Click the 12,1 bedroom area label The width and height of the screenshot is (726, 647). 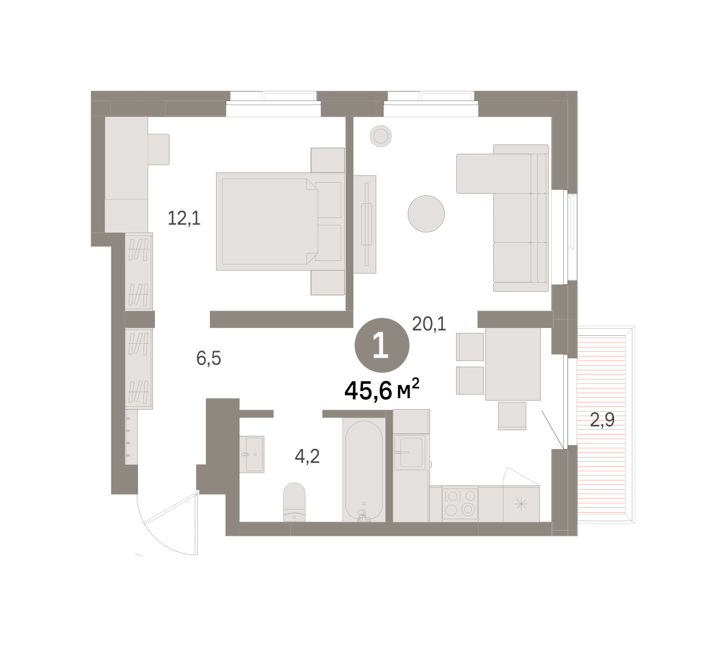(184, 218)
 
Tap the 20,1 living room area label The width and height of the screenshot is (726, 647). (429, 324)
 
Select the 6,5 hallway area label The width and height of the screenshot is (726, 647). (209, 358)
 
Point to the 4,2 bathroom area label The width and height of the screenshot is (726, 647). (307, 456)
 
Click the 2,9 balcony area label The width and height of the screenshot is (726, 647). (602, 420)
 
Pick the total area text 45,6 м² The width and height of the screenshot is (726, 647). (382, 390)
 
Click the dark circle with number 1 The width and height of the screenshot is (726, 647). (382, 346)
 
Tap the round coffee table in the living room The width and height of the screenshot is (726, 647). (426, 214)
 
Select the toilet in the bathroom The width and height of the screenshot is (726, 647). (294, 502)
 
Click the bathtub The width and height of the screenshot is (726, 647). (364, 471)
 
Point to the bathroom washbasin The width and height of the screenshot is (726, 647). (252, 454)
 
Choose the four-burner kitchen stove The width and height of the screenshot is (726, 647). (460, 504)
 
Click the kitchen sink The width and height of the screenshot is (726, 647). (411, 452)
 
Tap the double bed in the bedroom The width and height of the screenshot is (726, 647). (280, 221)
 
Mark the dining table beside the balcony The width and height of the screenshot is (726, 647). (513, 364)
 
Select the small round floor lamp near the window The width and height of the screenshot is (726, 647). (381, 136)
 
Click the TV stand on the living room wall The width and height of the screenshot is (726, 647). (365, 225)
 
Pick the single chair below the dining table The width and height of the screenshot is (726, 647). (512, 416)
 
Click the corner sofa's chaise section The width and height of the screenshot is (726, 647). (494, 174)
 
